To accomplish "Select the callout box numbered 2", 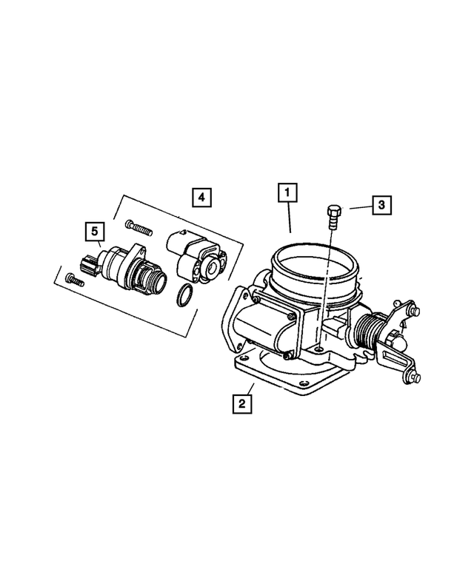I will click(240, 404).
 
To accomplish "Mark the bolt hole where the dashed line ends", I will click(318, 350).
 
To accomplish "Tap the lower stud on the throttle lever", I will click(416, 379).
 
